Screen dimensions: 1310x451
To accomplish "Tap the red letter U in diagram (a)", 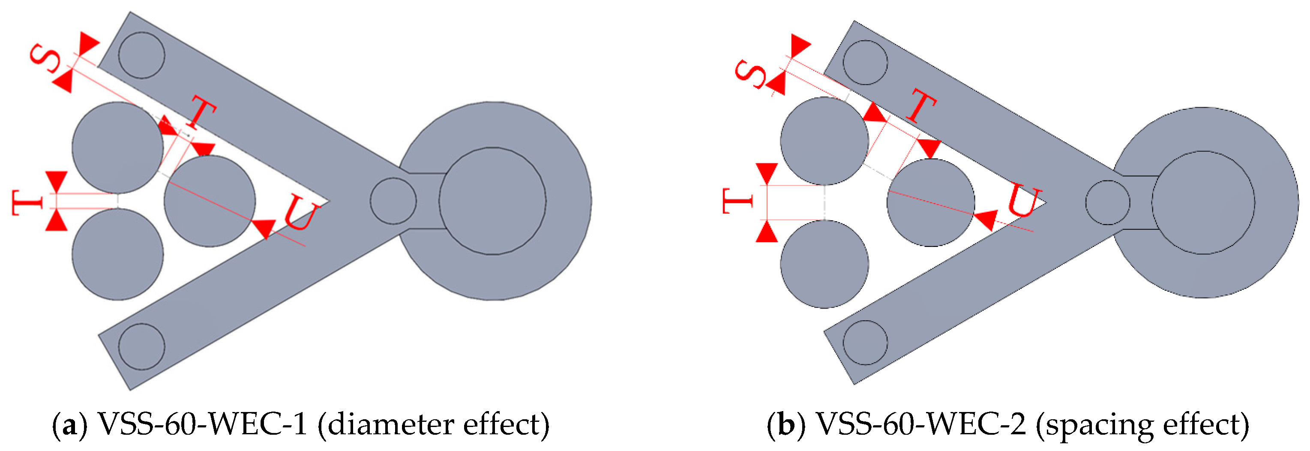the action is tap(302, 213).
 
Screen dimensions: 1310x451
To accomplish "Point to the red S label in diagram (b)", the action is tap(749, 74).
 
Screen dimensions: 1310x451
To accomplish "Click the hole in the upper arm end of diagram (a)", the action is tap(141, 55).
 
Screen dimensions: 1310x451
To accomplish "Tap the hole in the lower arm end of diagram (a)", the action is tap(141, 346).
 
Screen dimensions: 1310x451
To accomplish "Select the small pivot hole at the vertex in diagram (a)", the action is tap(393, 201).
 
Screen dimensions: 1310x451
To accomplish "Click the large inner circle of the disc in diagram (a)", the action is tap(492, 201).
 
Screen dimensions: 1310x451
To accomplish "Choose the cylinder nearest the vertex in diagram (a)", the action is tap(210, 201).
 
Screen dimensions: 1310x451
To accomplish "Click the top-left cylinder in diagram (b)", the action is tap(824, 141).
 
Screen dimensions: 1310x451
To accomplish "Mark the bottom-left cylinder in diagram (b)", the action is tap(824, 264).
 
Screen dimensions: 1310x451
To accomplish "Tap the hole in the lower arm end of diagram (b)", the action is tap(865, 343).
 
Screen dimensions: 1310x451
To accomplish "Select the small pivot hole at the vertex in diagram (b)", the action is tap(1108, 203).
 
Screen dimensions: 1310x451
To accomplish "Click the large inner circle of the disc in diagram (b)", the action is tap(1203, 203).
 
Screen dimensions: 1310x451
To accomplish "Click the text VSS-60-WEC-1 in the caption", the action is tap(202, 424).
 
